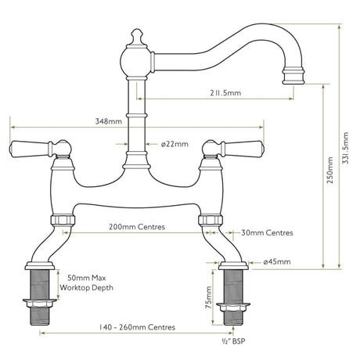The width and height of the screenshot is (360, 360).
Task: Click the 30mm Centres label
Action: (268, 232)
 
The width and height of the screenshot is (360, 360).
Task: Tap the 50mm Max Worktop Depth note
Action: (90, 283)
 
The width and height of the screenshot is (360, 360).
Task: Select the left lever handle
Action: (28, 146)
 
